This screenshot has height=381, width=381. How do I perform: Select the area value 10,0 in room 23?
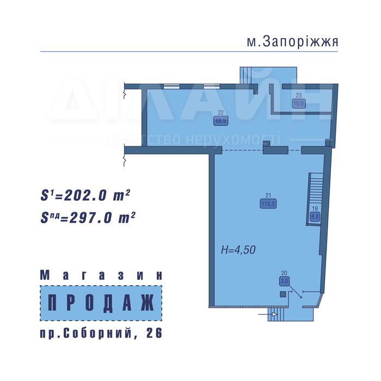click(x=299, y=103)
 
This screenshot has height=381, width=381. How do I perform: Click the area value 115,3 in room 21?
click(x=268, y=204)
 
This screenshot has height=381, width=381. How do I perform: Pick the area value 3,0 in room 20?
click(x=284, y=281)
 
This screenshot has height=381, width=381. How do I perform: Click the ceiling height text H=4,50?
click(x=238, y=250)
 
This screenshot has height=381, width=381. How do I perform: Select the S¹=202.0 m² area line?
click(x=85, y=195)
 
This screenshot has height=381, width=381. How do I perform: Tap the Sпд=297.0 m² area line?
click(x=88, y=218)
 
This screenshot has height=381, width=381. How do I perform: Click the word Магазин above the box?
click(x=101, y=276)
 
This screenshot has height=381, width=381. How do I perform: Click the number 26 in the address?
click(x=154, y=333)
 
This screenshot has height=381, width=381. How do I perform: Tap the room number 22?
click(x=220, y=114)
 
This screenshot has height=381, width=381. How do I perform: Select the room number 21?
click(x=268, y=196)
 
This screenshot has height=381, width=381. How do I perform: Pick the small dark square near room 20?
click(x=282, y=294)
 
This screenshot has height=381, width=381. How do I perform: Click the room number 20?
click(x=284, y=273)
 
